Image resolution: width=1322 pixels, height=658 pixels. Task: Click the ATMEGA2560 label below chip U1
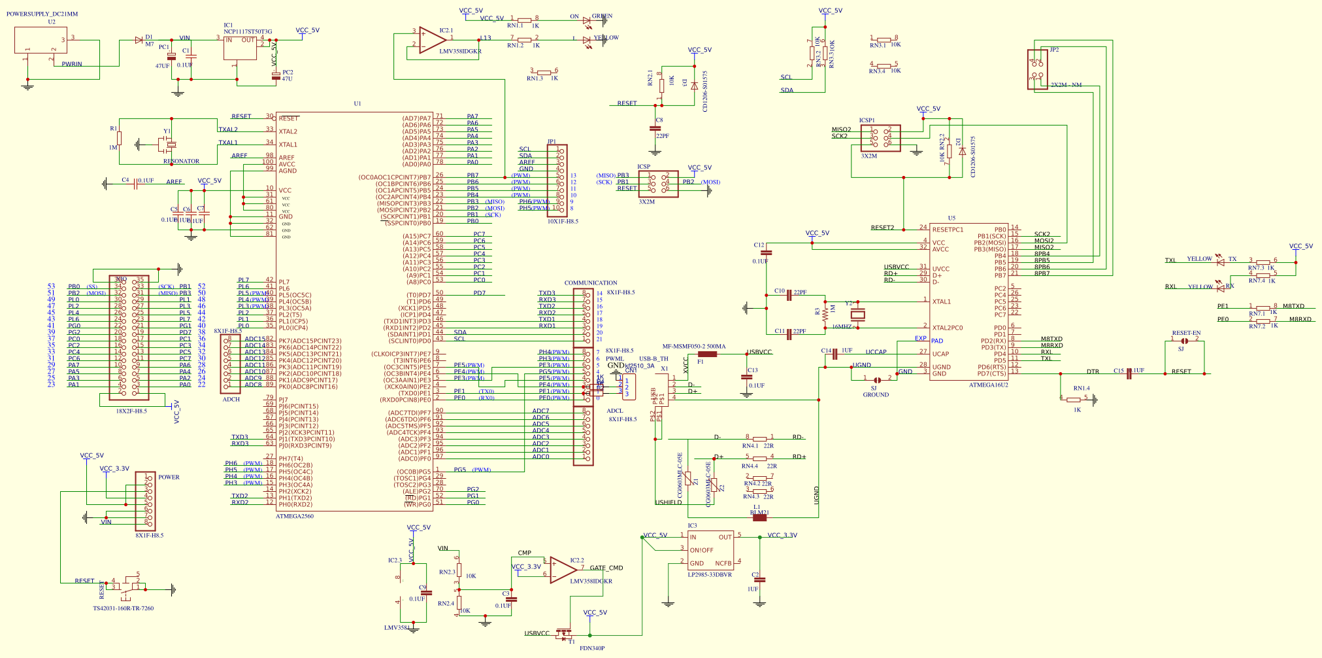tap(294, 516)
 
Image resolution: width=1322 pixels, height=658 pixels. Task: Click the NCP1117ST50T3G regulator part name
tap(248, 31)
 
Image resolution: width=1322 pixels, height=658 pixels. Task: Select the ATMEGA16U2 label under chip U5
tap(988, 385)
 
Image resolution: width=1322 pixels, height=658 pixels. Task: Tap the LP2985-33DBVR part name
tap(709, 574)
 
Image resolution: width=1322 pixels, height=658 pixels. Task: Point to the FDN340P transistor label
tap(591, 648)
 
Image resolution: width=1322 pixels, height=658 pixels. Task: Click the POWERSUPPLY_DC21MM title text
tap(42, 14)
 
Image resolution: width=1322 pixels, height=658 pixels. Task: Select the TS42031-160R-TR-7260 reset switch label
tap(123, 608)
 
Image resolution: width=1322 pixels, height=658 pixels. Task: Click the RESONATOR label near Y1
tap(181, 161)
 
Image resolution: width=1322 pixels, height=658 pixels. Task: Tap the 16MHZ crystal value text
tap(842, 326)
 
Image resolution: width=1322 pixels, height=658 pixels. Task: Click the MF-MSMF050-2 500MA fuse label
tap(693, 347)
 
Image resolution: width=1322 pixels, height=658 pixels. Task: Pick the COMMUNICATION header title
tap(590, 283)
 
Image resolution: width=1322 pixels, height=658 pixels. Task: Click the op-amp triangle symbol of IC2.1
tap(431, 41)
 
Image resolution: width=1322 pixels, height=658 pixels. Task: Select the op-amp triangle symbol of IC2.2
tap(561, 570)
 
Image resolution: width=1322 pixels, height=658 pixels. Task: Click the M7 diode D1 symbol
tap(139, 40)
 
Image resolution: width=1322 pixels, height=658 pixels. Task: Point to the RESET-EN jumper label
tap(1186, 333)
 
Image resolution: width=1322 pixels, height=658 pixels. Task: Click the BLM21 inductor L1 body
tap(759, 517)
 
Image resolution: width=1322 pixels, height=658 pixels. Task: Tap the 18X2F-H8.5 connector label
tap(131, 411)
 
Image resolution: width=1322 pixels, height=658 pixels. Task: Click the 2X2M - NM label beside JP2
tap(1066, 85)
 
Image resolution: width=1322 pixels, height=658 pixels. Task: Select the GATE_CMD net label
tap(606, 568)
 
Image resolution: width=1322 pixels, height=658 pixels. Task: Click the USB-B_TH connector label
tap(653, 358)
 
